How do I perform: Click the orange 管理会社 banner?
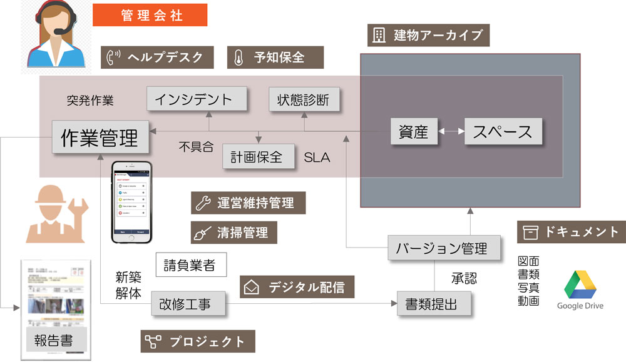pyautogui.click(x=150, y=15)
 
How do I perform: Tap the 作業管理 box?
pyautogui.click(x=100, y=137)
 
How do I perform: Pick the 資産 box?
pyautogui.click(x=413, y=132)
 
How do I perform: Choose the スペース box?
pyautogui.click(x=503, y=132)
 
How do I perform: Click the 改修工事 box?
pyautogui.click(x=188, y=304)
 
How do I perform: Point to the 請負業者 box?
pyautogui.click(x=190, y=265)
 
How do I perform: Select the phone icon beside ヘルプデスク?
pyautogui.click(x=114, y=57)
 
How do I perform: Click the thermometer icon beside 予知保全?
pyautogui.click(x=239, y=58)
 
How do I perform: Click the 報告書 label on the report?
pyautogui.click(x=53, y=341)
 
